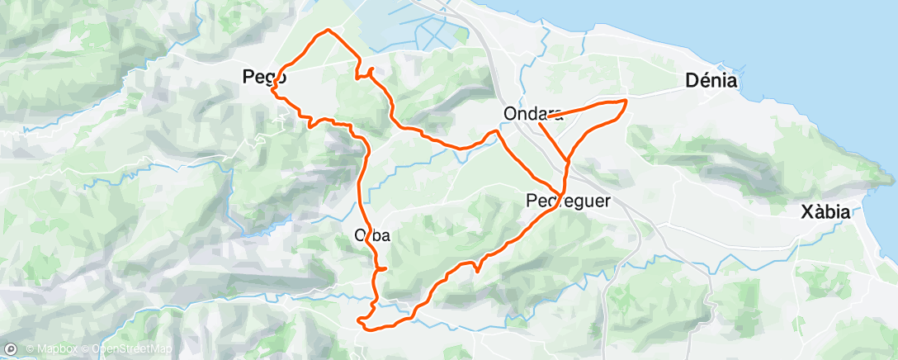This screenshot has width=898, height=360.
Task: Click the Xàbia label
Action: [x=825, y=212]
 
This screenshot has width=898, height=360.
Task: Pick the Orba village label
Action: [x=371, y=234]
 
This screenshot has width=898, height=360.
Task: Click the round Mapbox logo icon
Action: [x=10, y=348]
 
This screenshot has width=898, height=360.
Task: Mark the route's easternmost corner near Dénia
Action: [x=627, y=101]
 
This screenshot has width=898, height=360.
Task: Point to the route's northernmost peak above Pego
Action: [x=328, y=30]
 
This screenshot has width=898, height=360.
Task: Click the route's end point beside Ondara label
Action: [x=546, y=119]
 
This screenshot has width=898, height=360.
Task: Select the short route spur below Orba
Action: [x=383, y=268]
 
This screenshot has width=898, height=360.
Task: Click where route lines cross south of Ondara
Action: [x=567, y=160]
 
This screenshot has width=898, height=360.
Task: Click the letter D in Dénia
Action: [x=692, y=80]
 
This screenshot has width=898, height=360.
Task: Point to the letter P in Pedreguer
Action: [x=531, y=200]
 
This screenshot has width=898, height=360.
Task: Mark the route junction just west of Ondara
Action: [x=497, y=130]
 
